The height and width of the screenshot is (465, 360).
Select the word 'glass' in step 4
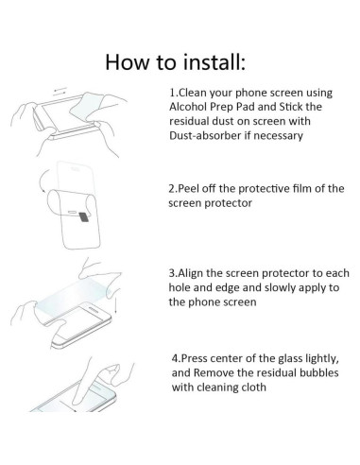click(292, 360)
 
